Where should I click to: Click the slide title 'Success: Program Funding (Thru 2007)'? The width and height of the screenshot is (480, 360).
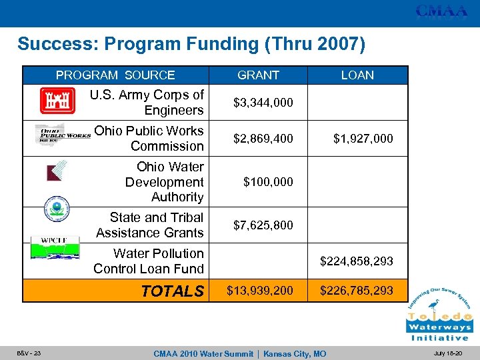click(191, 45)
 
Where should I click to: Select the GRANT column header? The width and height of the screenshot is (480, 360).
click(258, 75)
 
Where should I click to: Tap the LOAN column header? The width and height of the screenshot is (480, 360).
click(357, 75)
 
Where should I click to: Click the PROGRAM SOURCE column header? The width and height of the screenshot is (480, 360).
click(115, 75)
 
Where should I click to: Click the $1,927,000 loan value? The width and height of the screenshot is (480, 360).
click(363, 139)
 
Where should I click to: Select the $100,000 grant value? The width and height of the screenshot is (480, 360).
click(268, 181)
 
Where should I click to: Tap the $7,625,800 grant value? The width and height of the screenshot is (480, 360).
click(263, 225)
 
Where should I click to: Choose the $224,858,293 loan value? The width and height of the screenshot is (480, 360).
click(356, 261)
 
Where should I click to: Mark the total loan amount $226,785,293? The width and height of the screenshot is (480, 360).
click(356, 291)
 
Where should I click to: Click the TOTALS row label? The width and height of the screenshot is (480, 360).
click(173, 291)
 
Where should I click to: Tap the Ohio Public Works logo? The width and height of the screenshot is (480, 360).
click(62, 135)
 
